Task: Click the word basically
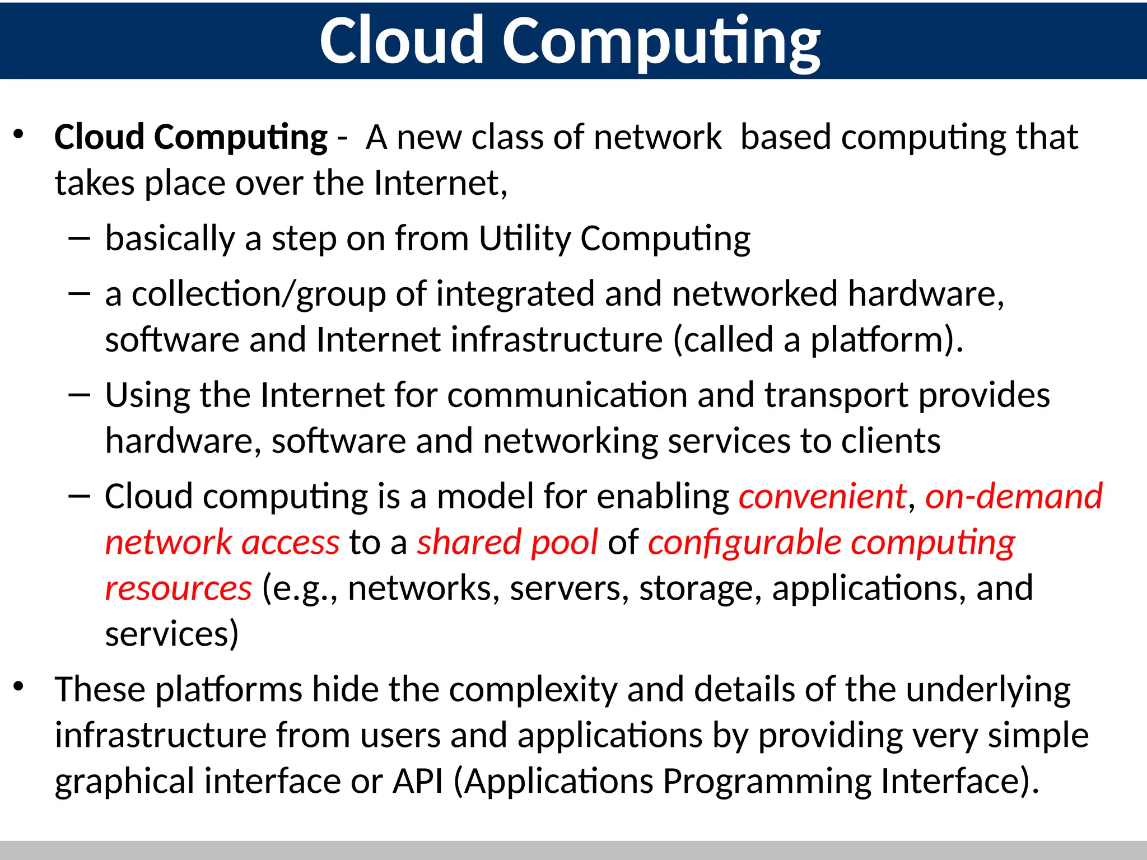pos(170,239)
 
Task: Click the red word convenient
pos(822,497)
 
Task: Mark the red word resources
pos(178,589)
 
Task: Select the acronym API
pos(418,781)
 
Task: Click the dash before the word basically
pos(79,239)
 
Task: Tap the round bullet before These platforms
pos(19,686)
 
